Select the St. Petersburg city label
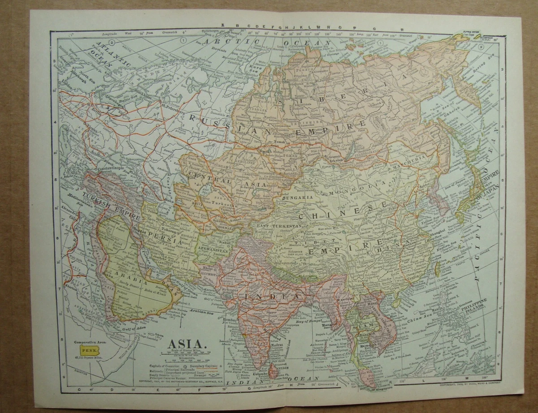(171, 107)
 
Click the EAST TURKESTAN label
(279, 227)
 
